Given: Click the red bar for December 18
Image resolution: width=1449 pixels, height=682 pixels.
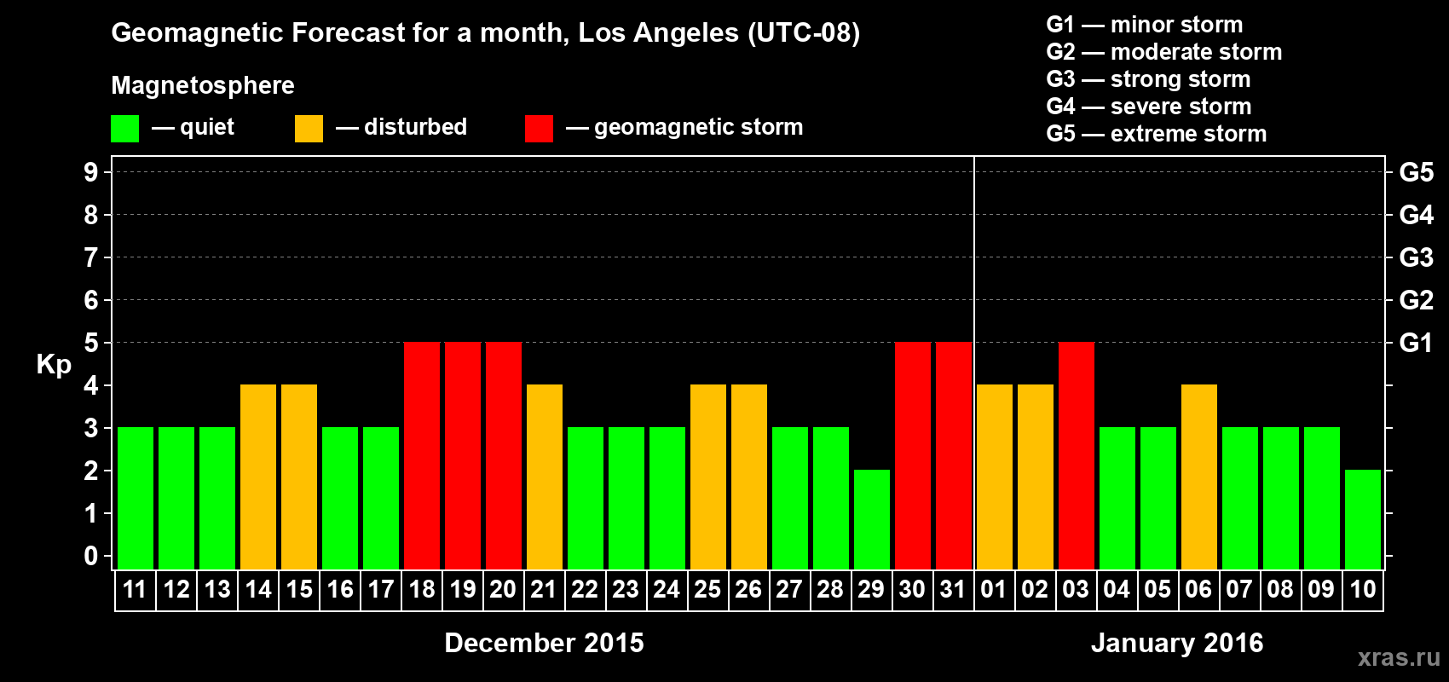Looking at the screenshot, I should click(422, 455).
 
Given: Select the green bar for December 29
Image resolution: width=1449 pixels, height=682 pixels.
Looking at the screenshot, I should click(872, 519).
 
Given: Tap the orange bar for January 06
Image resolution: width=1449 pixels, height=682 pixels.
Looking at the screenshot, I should click(1199, 477).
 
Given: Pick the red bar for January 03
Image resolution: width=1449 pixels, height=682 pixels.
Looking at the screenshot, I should click(1077, 455).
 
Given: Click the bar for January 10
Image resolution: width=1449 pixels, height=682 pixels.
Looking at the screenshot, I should click(1363, 519).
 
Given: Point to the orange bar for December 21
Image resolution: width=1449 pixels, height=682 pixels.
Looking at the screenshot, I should click(545, 477).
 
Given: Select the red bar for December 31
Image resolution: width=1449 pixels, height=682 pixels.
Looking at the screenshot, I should click(954, 455).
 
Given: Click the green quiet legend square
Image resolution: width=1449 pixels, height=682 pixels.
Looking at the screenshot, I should click(125, 129).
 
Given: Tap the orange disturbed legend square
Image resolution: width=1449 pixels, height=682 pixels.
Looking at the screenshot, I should click(309, 129).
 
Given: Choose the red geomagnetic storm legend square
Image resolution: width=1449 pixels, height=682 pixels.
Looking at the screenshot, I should click(539, 129).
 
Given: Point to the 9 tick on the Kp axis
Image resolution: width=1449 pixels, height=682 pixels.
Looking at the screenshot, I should click(91, 172).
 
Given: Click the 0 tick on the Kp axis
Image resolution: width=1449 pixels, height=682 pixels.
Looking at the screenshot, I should click(91, 557).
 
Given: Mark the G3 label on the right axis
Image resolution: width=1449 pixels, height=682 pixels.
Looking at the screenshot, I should click(1416, 257).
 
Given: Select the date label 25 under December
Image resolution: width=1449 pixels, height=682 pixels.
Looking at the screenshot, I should click(707, 590).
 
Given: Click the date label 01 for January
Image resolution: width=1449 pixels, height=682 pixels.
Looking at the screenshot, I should click(994, 590).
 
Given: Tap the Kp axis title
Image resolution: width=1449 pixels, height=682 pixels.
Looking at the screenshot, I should click(54, 365).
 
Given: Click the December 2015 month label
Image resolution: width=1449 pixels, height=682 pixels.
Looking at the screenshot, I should click(544, 643).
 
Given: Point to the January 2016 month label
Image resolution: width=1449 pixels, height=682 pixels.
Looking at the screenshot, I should click(1177, 643).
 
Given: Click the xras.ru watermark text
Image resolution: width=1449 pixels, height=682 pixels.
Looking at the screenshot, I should click(1399, 657).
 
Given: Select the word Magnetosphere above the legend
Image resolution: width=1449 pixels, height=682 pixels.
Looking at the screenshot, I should click(203, 85).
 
